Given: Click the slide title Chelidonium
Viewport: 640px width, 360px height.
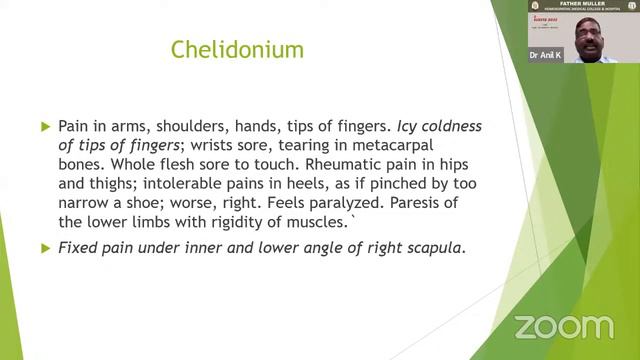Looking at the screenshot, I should [237, 48].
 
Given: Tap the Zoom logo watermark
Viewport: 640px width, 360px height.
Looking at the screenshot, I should [563, 327].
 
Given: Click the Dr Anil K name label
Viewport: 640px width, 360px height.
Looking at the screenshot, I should [546, 55].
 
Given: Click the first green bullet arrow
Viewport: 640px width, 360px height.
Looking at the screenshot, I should [45, 127].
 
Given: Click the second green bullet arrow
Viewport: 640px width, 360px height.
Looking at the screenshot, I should [45, 247].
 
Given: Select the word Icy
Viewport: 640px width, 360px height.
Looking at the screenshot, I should [410, 127].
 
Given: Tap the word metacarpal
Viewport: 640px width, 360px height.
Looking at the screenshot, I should [416, 146].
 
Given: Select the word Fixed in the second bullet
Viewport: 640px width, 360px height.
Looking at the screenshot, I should [77, 247].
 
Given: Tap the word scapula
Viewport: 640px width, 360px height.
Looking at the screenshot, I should [434, 247].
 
